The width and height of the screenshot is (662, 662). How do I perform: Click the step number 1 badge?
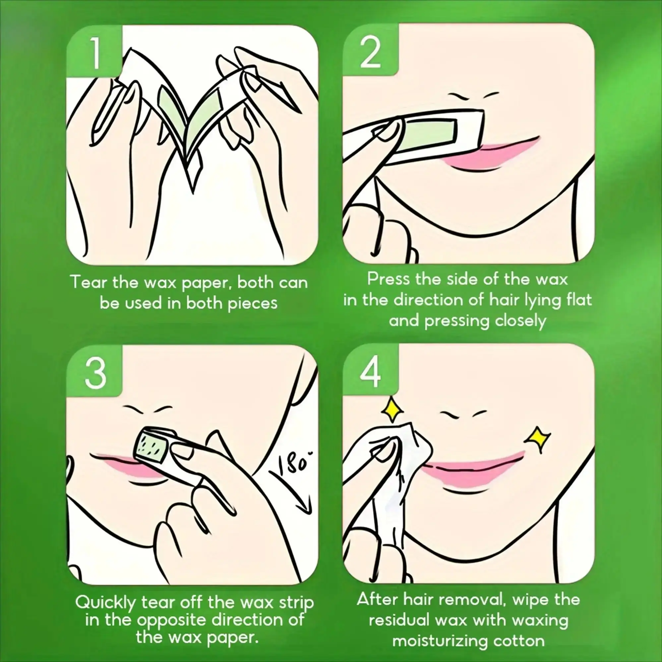(x=94, y=51)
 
